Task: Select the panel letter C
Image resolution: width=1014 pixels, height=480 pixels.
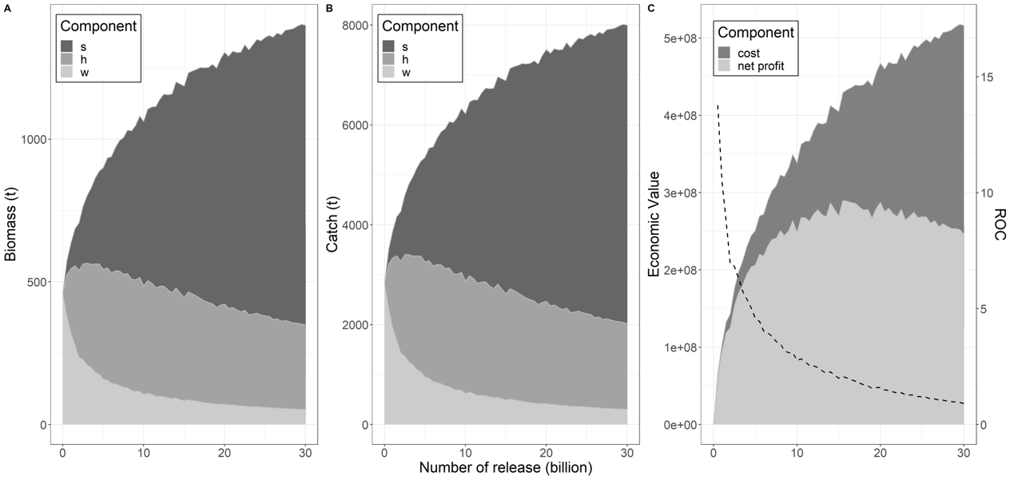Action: pyautogui.click(x=651, y=8)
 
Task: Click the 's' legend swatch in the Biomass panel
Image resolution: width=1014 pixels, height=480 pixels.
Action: pyautogui.click(x=67, y=46)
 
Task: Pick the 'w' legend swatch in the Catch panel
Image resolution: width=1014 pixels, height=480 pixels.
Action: pyautogui.click(x=389, y=73)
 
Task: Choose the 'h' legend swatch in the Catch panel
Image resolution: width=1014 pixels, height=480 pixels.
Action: pyautogui.click(x=389, y=59)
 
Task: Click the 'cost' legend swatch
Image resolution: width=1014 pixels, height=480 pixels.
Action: pyautogui.click(x=724, y=54)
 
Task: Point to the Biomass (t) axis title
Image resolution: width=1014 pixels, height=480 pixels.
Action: pyautogui.click(x=11, y=221)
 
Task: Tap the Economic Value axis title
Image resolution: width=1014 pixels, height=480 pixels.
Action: pyautogui.click(x=654, y=221)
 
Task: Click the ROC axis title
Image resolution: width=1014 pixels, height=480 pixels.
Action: pyautogui.click(x=1000, y=221)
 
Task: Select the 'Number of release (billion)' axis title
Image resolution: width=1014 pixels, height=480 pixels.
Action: pyautogui.click(x=505, y=468)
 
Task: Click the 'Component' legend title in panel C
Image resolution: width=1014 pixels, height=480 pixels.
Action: pyautogui.click(x=755, y=33)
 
